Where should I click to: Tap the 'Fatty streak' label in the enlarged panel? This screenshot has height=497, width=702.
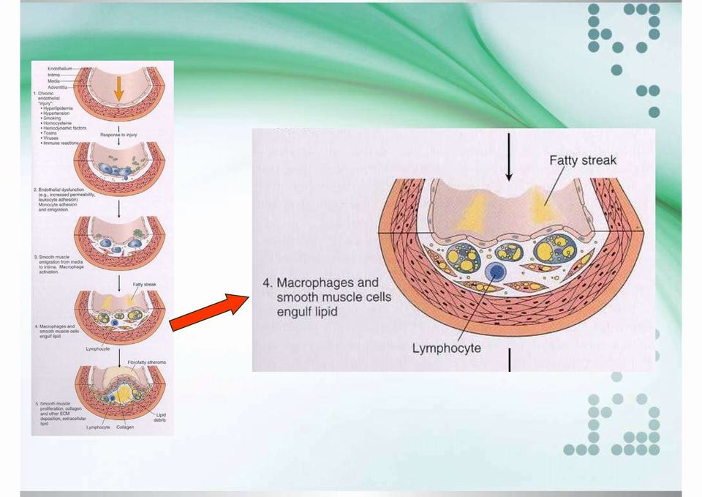coord(583,160)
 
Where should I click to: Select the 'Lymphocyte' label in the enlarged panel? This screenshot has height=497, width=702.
coord(447,348)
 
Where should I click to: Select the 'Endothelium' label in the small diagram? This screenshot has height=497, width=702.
coord(60,68)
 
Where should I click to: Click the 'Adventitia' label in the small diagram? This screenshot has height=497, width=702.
coord(58,86)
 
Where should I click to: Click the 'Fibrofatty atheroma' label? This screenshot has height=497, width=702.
coord(146,362)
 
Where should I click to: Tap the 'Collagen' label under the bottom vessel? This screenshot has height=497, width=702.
coord(124,427)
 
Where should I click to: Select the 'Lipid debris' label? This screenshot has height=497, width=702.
coord(161,416)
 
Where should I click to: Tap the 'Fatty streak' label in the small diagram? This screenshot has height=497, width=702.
coord(142,284)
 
